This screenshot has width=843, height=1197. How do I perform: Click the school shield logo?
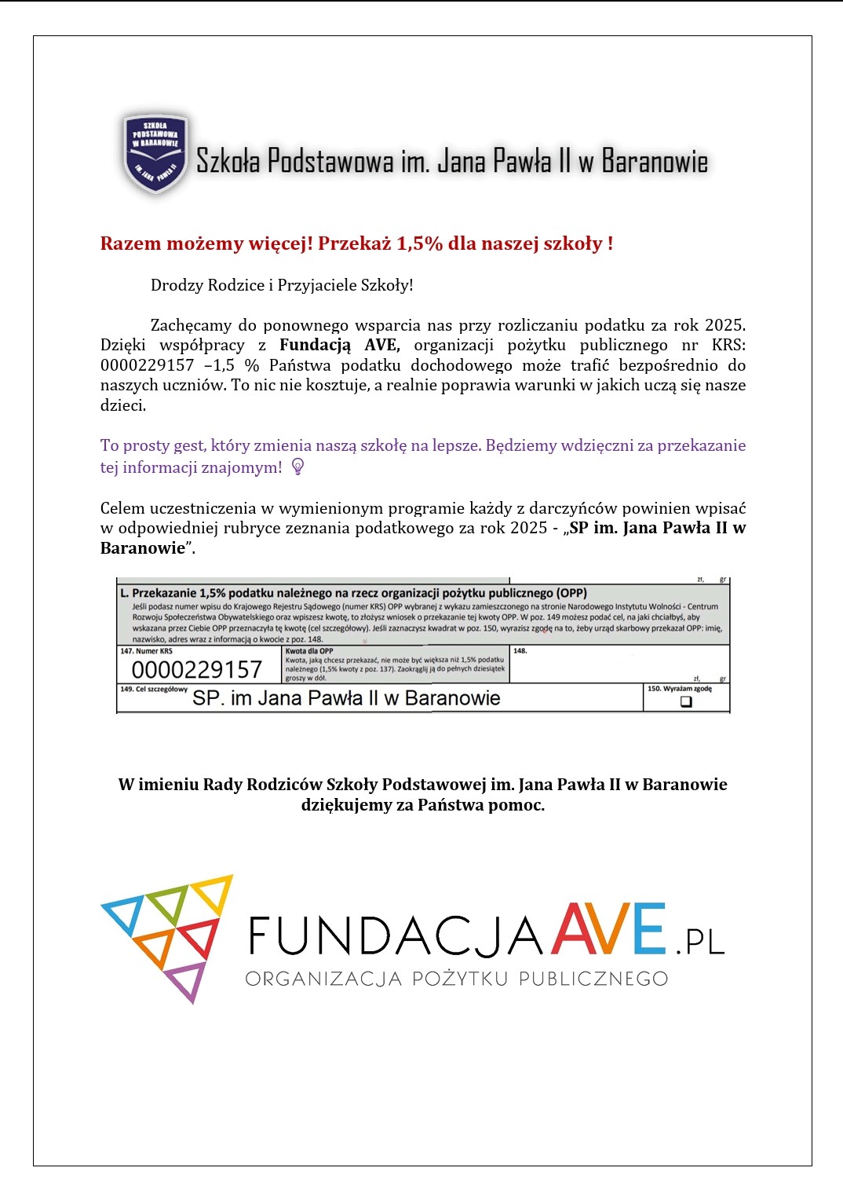click(155, 154)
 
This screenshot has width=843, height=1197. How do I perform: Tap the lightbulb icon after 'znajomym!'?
click(297, 467)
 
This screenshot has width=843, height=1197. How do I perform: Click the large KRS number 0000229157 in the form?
click(196, 670)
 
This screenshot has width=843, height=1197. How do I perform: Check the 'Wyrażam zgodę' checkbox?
click(686, 701)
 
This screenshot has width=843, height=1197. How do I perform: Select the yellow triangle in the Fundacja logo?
click(213, 892)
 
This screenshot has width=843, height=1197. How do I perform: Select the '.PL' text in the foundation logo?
click(700, 942)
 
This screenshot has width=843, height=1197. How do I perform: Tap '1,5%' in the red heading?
click(420, 243)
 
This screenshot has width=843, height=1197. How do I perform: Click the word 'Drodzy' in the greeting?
click(177, 285)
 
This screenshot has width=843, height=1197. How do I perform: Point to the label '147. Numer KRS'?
click(146, 651)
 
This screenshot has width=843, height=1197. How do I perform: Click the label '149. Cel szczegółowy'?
click(154, 689)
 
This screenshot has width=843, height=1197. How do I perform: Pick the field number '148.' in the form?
click(520, 651)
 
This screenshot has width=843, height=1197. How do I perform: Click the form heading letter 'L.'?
click(125, 593)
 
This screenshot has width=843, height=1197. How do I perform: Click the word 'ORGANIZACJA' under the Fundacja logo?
click(323, 979)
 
